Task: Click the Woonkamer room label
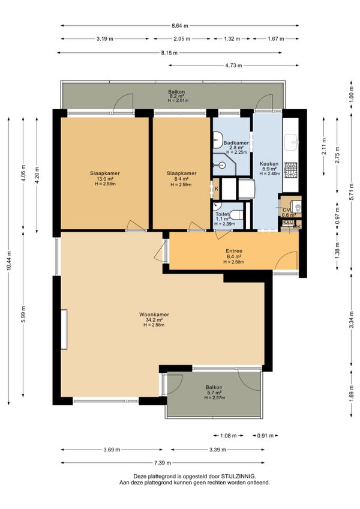pos(154,315)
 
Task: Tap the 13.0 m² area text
pos(105,179)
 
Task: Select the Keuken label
pos(269,164)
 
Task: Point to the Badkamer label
pos(236,143)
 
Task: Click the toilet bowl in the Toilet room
pos(237,214)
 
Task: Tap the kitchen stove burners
pos(290,170)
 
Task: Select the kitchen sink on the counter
pos(291,143)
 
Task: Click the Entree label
pos(234,251)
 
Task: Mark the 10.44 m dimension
pos(9,261)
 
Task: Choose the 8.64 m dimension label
pos(180,26)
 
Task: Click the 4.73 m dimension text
pos(234,65)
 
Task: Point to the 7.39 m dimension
pos(163,463)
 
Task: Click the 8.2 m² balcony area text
pos(176,96)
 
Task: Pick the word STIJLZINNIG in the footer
pos(238,477)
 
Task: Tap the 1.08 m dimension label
pos(228,436)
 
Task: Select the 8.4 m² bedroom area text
pos(181,179)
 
